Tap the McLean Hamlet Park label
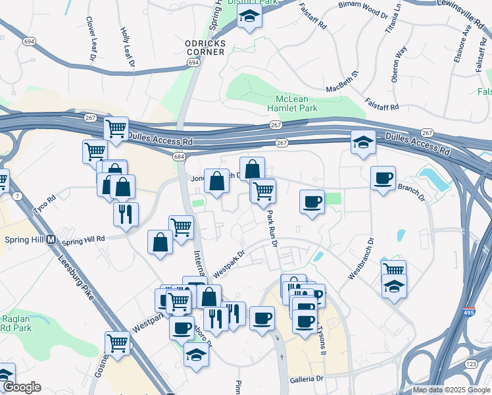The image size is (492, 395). pyautogui.click(x=293, y=103)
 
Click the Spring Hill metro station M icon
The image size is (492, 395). pyautogui.click(x=51, y=240)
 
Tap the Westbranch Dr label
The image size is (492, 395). pyautogui.click(x=362, y=258)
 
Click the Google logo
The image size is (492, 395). pyautogui.click(x=21, y=387)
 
